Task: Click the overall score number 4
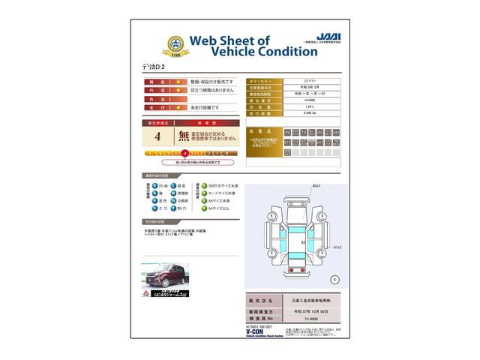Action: (157, 137)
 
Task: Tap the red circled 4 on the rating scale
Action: (184, 152)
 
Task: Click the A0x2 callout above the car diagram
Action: (316, 185)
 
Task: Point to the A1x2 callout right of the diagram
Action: (337, 246)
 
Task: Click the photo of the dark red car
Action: (161, 277)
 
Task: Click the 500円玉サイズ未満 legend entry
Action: (223, 185)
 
